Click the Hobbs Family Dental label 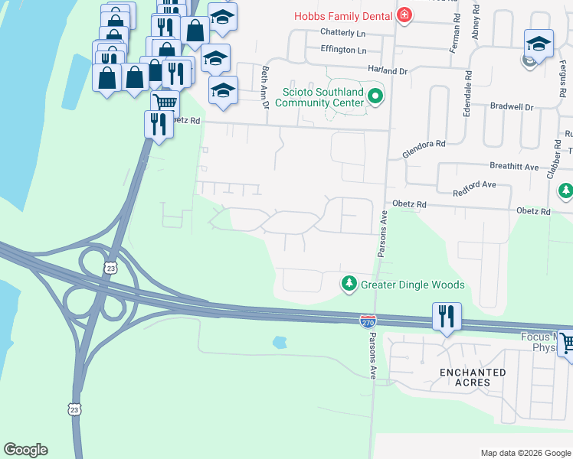(x=344, y=15)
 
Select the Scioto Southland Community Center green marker (x=375, y=96)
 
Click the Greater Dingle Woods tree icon (x=349, y=285)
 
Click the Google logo (x=25, y=450)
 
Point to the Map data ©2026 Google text (x=525, y=453)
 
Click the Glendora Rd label (x=424, y=148)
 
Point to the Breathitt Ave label (x=511, y=165)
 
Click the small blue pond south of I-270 (x=280, y=343)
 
